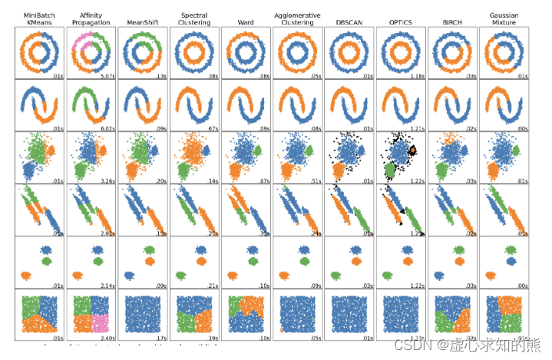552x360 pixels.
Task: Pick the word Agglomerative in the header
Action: (x=297, y=15)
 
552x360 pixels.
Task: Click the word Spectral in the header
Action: (x=193, y=15)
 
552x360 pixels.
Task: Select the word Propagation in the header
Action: (x=90, y=23)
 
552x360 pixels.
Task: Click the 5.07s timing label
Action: (x=107, y=77)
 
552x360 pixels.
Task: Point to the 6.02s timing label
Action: (x=107, y=128)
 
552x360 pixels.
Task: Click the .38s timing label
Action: (x=212, y=77)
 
